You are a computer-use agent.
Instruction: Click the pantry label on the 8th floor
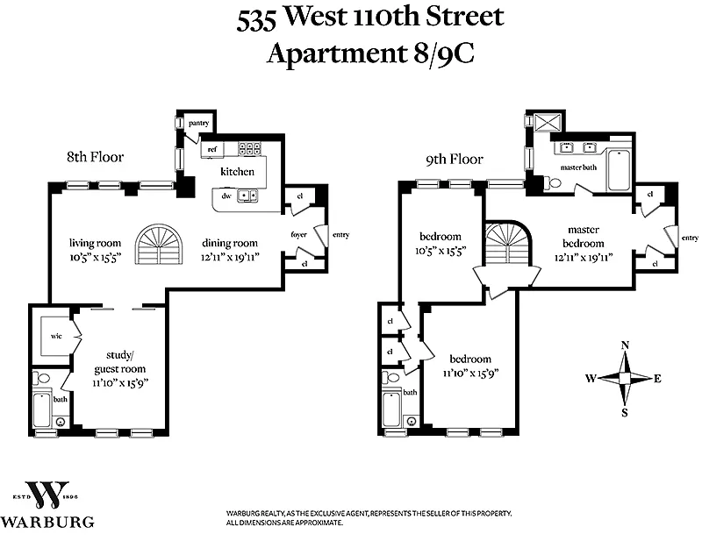tap(199, 123)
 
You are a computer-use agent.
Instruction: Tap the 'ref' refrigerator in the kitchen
tap(212, 149)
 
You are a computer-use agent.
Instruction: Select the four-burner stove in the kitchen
tap(249, 148)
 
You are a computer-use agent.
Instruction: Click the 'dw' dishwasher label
tap(226, 196)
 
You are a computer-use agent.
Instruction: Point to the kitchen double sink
tap(247, 196)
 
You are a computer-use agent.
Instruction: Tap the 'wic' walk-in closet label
tap(56, 336)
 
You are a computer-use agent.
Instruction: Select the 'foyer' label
tap(298, 234)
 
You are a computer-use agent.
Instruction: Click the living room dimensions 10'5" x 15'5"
tap(96, 258)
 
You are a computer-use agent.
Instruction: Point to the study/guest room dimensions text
tap(121, 383)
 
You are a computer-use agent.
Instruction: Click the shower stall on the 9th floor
tap(548, 122)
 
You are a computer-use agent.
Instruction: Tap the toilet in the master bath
tap(552, 182)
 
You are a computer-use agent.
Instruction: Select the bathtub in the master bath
tap(619, 170)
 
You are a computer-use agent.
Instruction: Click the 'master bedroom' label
tap(584, 236)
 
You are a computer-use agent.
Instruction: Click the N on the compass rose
tap(625, 345)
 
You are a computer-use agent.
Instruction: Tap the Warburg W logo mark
tap(48, 495)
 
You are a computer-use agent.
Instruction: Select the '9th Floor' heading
tap(455, 160)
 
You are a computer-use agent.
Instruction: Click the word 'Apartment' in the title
tap(336, 54)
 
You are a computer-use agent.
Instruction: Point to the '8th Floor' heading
tap(96, 157)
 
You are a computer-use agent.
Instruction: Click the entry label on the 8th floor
tap(340, 235)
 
